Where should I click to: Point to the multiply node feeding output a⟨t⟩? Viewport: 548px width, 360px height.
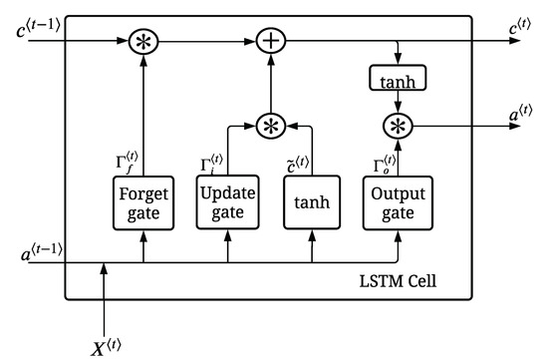(398, 125)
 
